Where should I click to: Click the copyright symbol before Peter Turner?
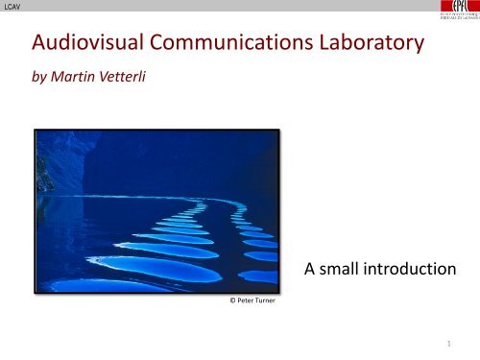(x=221, y=301)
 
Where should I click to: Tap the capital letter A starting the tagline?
(x=307, y=271)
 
